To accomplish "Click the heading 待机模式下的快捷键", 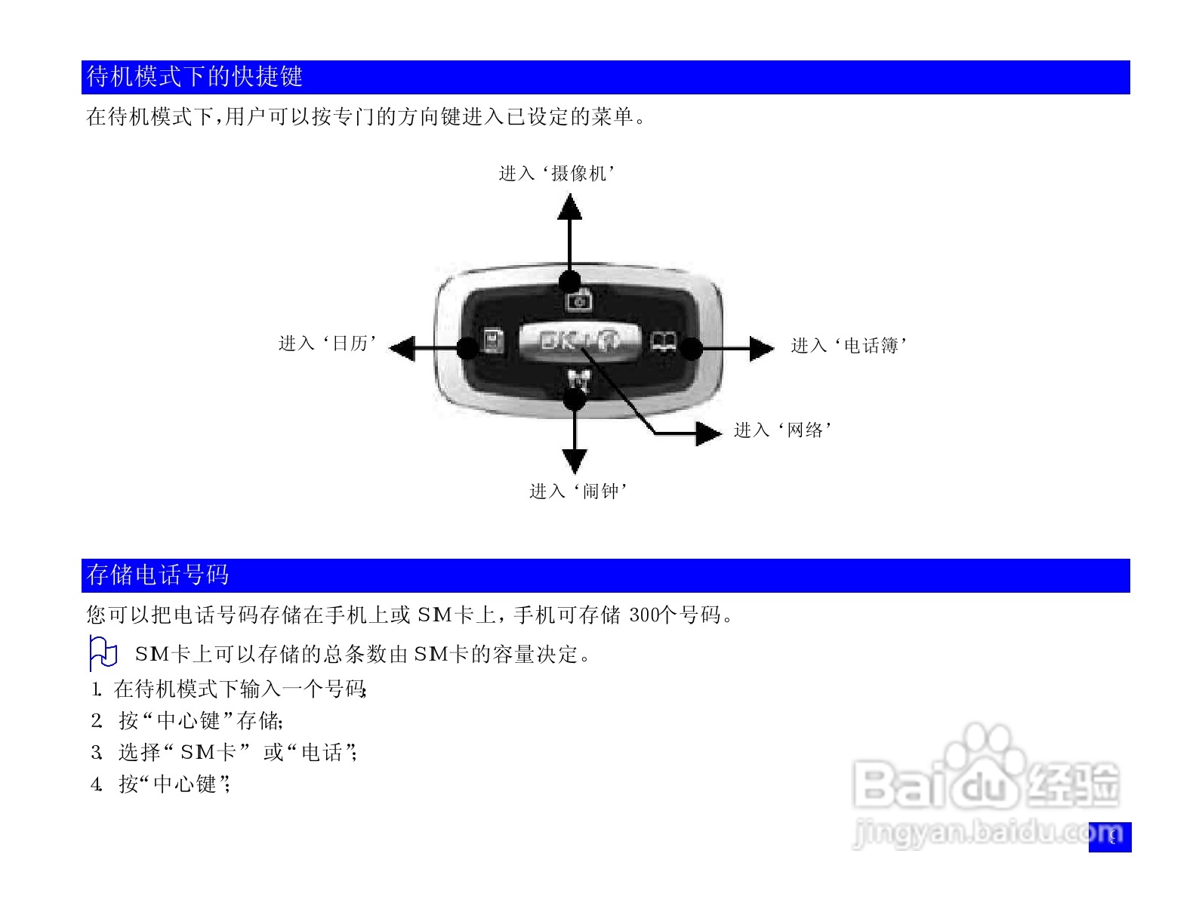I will point(195,76).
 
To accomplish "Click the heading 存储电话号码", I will point(158,575).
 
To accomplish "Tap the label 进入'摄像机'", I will point(556,174).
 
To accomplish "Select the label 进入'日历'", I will point(328,344).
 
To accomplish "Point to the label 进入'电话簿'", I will point(849,346).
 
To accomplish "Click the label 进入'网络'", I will point(783,430).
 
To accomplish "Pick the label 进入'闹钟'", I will point(578,492).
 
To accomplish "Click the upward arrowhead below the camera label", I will point(569,207).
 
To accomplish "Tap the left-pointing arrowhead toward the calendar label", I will point(402,348).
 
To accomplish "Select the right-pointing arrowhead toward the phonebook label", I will point(761,348).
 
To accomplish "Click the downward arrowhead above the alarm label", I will point(575,460).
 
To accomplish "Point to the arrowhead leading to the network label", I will point(707,433).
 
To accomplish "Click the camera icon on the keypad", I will point(579,301).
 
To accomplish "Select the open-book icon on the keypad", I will point(664,342).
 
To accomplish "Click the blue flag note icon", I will point(103,653).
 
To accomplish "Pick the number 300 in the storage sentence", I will point(644,615).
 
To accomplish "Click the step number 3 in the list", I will point(96,753).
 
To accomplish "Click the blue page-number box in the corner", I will point(1110,837).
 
